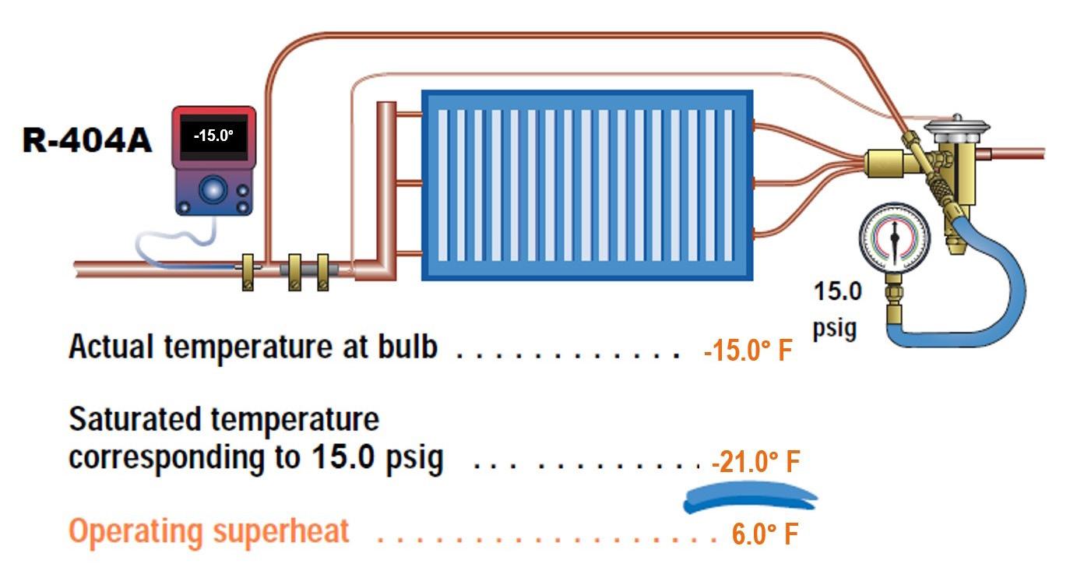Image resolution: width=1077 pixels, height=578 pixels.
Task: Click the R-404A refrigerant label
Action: coord(86,142)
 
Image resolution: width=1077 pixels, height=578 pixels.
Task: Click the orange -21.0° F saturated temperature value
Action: coord(755,463)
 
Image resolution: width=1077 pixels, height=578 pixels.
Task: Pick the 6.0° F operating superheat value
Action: coord(765,535)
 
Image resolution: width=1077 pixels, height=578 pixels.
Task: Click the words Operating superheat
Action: coord(209,532)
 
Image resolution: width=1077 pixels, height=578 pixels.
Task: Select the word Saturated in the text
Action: coord(136,421)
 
